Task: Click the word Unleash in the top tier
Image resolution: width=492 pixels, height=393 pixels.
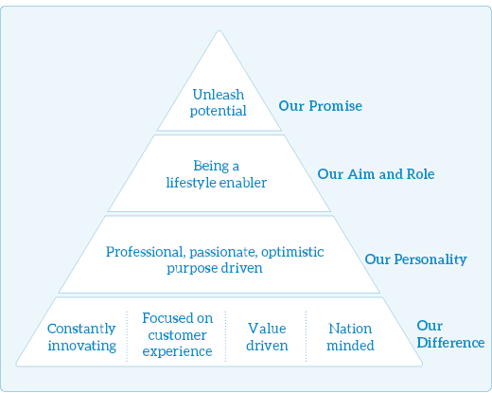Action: pos(219,95)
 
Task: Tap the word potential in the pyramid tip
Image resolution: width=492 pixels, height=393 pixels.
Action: pos(219,111)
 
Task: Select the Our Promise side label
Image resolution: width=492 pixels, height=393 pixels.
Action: pos(320,106)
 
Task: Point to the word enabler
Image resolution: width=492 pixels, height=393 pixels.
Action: pos(243,183)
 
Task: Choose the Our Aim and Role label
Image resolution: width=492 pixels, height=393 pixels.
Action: pos(376,174)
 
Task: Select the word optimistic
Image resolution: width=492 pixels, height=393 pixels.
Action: pos(292,252)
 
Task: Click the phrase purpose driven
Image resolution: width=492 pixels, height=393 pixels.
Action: pos(215,268)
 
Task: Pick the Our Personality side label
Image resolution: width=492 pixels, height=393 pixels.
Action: pos(415,259)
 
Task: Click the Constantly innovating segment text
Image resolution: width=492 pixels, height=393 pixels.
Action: pos(81,337)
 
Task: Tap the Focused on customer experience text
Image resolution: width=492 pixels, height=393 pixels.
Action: pos(177,334)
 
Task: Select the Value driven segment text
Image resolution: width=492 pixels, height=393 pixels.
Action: pos(267,337)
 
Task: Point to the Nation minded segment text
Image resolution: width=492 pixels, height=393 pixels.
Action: pos(350,337)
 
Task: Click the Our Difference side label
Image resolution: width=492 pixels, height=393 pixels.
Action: pos(450,334)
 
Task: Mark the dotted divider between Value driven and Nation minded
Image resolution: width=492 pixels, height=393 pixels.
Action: pos(306,336)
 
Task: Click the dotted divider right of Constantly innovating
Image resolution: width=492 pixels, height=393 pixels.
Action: pos(127,336)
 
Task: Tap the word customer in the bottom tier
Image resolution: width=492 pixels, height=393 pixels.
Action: pos(177,335)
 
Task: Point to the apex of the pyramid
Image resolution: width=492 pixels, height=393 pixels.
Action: pos(220,31)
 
